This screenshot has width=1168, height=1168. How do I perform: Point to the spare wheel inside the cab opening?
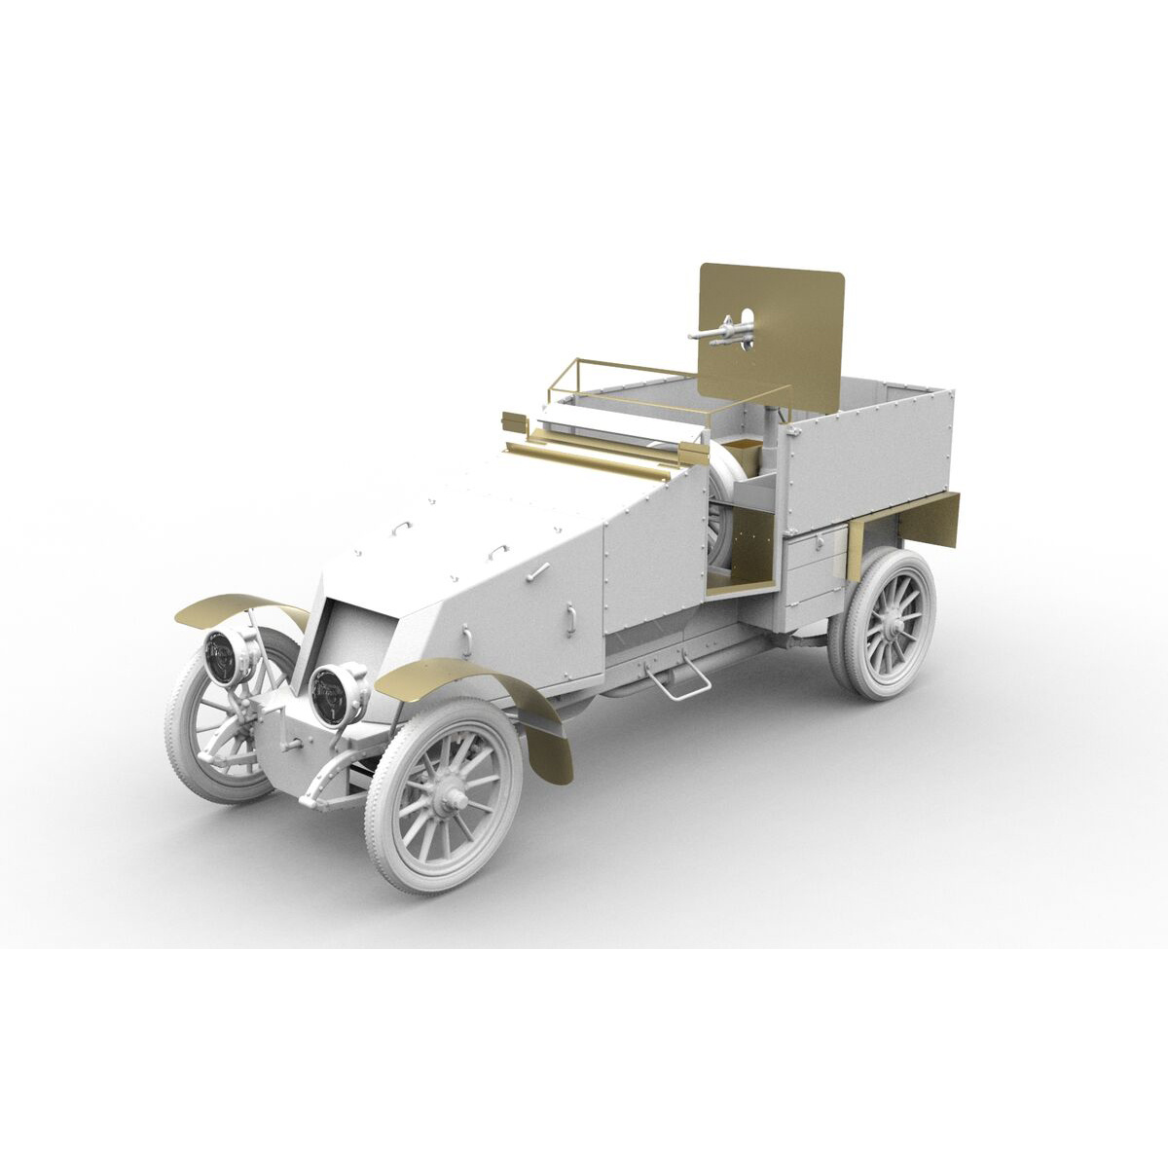722,511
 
